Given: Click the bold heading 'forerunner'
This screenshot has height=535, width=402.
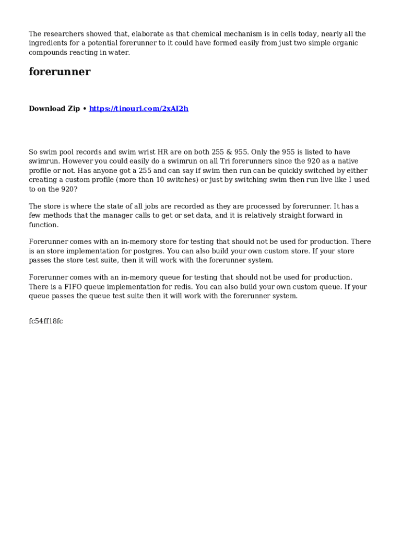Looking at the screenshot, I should (60, 72).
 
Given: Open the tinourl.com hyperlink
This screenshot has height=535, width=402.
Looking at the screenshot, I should (138, 109).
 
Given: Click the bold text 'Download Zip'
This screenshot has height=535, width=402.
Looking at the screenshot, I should (54, 109).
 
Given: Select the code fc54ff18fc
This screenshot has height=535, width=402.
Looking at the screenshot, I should (46, 321).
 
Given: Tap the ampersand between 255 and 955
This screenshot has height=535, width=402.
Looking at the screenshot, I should (229, 152).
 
